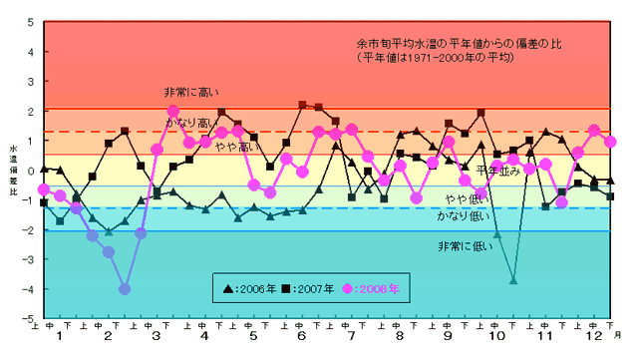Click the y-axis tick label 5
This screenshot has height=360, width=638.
31,21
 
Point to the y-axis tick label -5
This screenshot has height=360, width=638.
29,318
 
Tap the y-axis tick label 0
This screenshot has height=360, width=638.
31,170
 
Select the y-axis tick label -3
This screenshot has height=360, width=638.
29,259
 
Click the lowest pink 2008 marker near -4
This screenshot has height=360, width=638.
125,289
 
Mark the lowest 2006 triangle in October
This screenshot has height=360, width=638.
513,281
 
